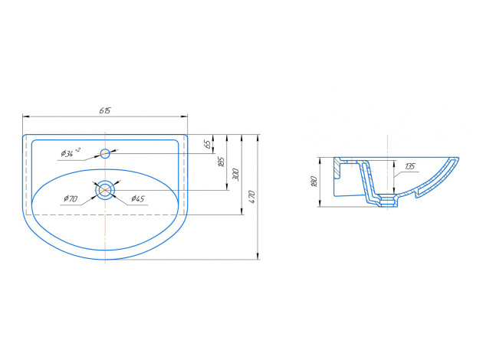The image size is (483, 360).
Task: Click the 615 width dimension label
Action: pyautogui.click(x=105, y=110)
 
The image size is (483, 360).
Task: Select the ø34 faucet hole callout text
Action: pyautogui.click(x=71, y=152)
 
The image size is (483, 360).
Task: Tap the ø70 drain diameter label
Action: pyautogui.click(x=71, y=199)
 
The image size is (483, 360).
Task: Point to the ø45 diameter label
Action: pyautogui.click(x=138, y=199)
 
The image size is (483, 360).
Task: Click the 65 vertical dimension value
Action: pyautogui.click(x=209, y=144)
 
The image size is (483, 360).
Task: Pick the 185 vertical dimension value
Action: pyautogui.click(x=221, y=162)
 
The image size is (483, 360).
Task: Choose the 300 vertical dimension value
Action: pyautogui.click(x=235, y=175)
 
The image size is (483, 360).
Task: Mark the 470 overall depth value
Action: pyautogui.click(x=252, y=197)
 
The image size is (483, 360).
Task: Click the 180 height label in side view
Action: pyautogui.click(x=314, y=182)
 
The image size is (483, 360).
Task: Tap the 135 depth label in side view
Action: pyautogui.click(x=410, y=167)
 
